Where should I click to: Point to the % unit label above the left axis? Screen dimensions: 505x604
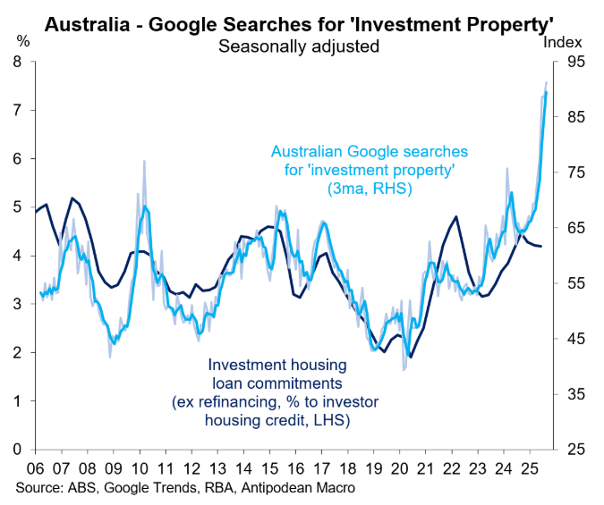click(23, 41)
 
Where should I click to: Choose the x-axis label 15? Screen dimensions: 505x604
click(270, 467)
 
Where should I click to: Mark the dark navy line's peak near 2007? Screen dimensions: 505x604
click(72, 198)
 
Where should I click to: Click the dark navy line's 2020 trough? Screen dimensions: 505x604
click(411, 358)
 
